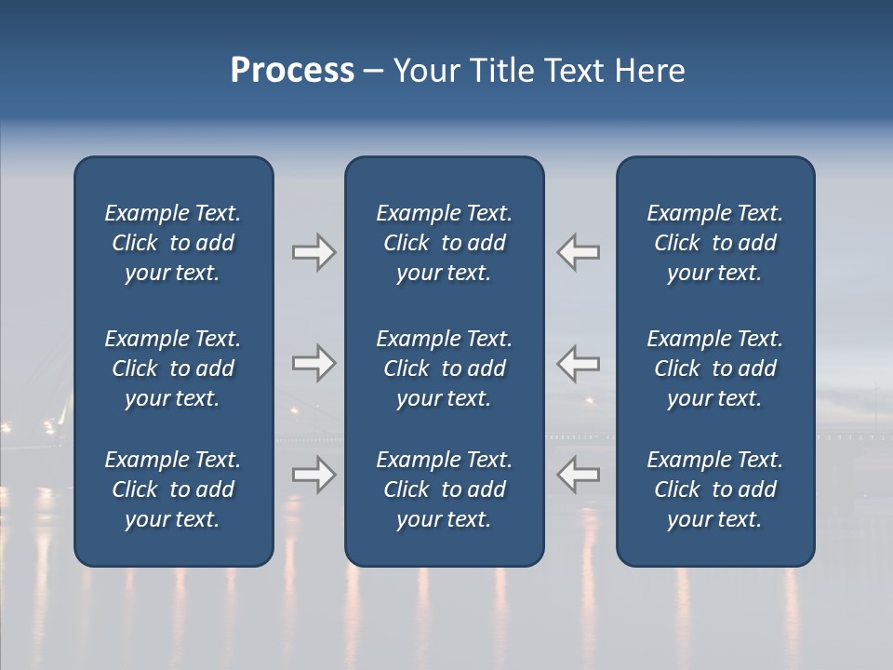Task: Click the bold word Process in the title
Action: point(292,71)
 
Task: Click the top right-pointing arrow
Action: point(313,252)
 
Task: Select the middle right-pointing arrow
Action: point(313,363)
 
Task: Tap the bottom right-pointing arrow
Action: point(313,475)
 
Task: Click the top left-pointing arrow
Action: point(579,252)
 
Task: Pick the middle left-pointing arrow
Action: point(579,363)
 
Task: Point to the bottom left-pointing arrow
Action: point(579,475)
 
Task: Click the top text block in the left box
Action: point(173,243)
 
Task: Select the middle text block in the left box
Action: point(173,368)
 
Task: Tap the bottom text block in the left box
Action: point(173,489)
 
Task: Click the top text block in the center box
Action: point(444,243)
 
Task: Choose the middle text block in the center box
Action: point(444,368)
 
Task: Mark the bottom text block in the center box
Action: point(444,489)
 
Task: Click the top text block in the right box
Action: point(714,243)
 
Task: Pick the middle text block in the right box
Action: point(714,368)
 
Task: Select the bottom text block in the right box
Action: point(714,489)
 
